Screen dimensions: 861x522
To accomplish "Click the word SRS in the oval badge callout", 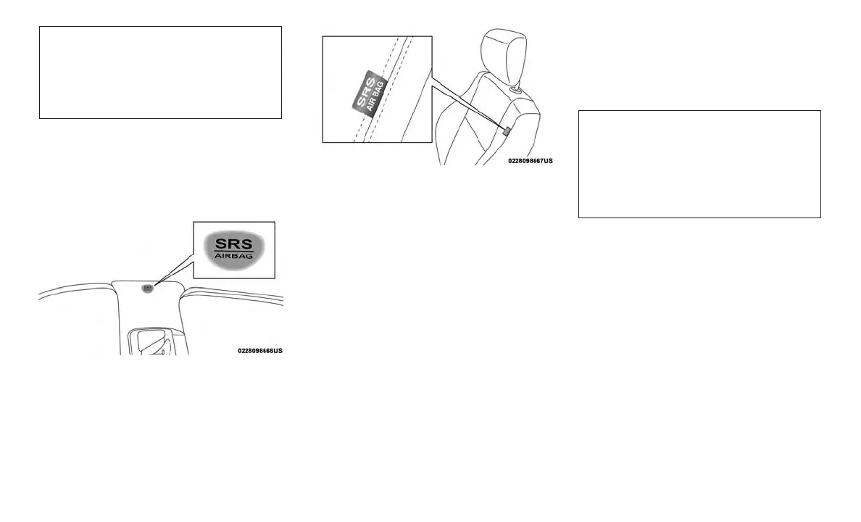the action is click(234, 243).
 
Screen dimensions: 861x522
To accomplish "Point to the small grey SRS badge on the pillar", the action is click(148, 288).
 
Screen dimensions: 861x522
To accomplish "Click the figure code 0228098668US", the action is click(259, 351).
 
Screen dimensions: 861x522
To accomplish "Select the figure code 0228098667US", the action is click(530, 160).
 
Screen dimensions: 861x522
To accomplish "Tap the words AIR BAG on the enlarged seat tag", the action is click(377, 96).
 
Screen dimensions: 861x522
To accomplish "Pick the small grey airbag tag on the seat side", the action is click(507, 130).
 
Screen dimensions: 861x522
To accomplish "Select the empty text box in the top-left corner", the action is click(159, 72).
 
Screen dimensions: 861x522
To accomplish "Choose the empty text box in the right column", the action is click(699, 164).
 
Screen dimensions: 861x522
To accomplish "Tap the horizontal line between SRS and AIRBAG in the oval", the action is click(234, 251).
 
